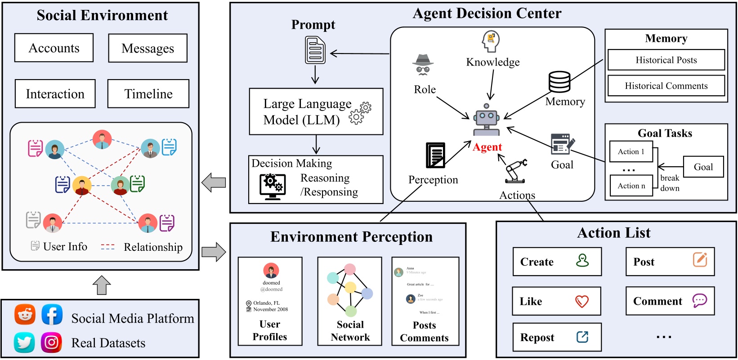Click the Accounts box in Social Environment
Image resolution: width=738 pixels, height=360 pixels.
pos(54,48)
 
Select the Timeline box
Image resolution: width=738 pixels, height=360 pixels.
pos(148,93)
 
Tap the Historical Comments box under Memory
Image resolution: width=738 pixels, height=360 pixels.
pos(666,85)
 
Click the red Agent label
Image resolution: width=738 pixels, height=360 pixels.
pos(487,147)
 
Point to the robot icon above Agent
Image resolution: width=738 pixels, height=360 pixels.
pos(486,119)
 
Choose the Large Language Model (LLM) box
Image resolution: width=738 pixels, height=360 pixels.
pos(316,111)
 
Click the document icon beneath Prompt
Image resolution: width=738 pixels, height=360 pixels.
pos(315,50)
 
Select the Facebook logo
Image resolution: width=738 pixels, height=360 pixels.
pos(52,314)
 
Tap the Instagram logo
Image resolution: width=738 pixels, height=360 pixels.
pos(52,342)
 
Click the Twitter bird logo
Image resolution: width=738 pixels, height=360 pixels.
pos(24,342)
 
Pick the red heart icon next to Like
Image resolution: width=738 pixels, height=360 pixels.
pos(582,301)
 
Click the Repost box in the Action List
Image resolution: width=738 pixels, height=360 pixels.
pos(557,337)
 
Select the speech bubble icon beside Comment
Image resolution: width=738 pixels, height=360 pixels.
pos(699,300)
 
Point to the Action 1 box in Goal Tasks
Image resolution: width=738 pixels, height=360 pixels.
pos(631,151)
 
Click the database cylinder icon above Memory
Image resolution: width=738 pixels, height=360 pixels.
pos(559,82)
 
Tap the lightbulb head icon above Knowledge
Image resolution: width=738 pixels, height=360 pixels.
pos(491,41)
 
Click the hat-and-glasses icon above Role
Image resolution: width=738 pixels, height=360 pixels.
pos(423,64)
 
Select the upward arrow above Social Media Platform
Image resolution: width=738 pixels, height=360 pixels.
pos(102,285)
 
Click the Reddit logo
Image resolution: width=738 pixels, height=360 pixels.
pos(25,314)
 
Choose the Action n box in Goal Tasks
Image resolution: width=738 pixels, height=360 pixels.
pos(631,186)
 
